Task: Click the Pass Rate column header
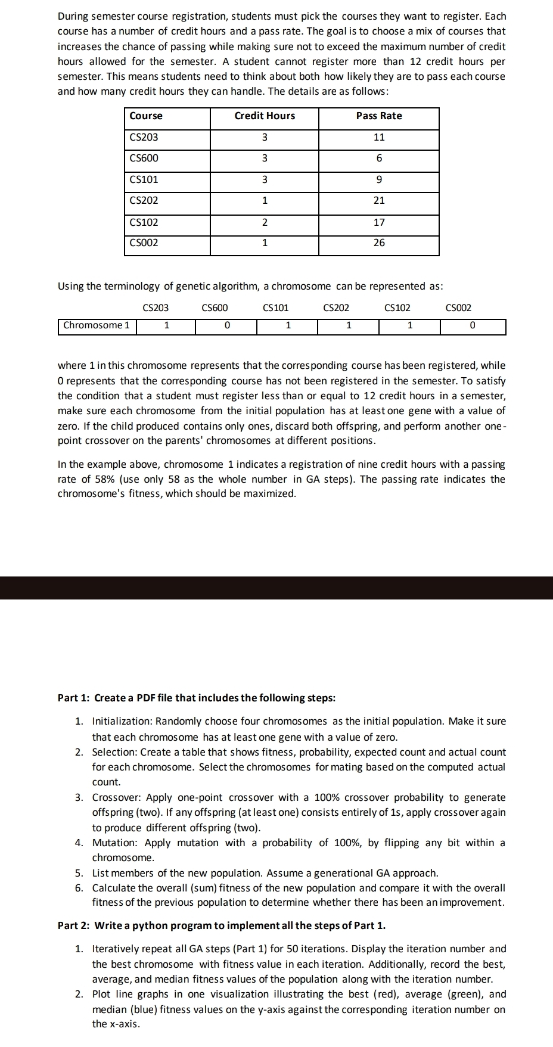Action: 379,116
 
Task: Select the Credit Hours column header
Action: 265,116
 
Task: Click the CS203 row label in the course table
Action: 144,137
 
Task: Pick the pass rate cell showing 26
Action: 379,243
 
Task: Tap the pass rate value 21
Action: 379,200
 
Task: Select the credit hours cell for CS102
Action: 265,222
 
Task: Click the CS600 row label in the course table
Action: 144,158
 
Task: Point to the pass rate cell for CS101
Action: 379,179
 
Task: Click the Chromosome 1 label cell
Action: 97,325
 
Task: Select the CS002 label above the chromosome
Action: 458,308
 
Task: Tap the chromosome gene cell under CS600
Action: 226,326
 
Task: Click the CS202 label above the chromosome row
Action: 336,308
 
